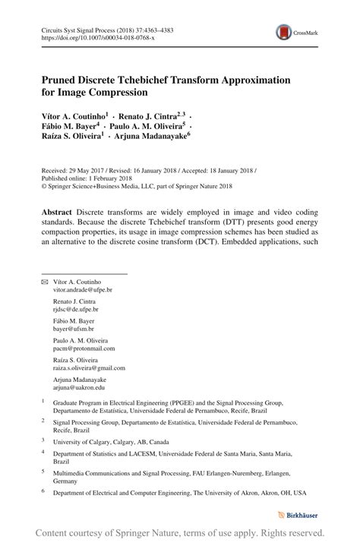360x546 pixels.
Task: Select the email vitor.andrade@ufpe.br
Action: click(x=82, y=290)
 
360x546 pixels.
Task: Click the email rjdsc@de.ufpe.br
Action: click(x=75, y=310)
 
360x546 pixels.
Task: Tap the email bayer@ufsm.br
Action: click(x=73, y=330)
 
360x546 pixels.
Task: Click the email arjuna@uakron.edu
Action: click(x=79, y=387)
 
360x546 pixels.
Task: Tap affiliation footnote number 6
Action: click(x=43, y=492)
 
